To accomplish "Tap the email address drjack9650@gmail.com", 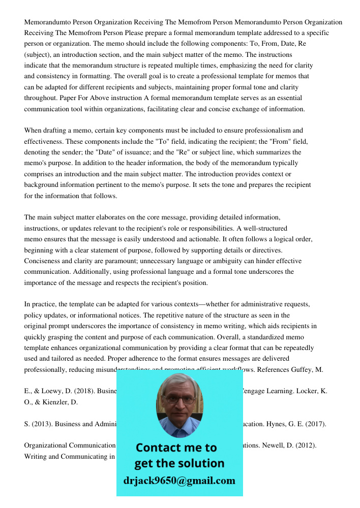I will click(x=179, y=480).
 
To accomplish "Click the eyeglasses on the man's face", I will click(x=179, y=399).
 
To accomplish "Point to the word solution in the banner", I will click(x=200, y=463).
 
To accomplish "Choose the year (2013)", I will click(x=42, y=424).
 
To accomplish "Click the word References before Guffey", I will click(x=275, y=369).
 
